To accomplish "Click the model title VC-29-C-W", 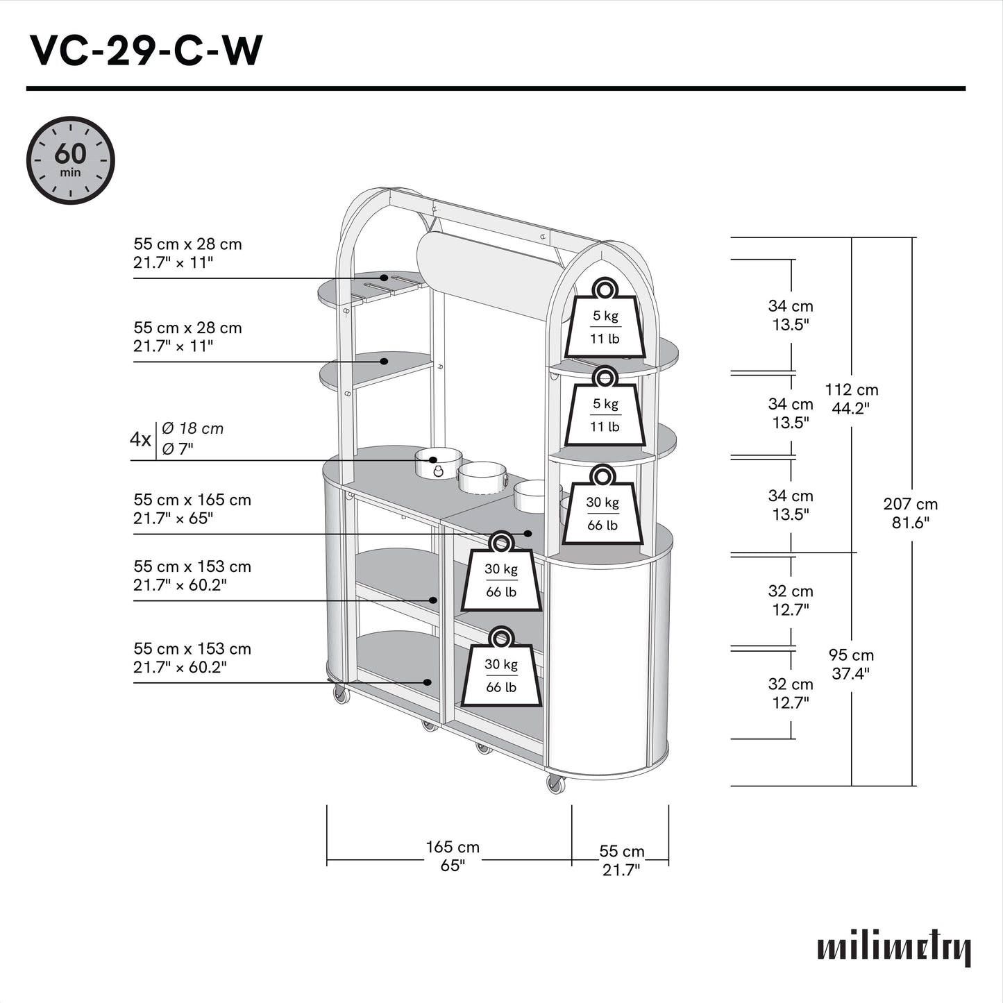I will coord(146,51).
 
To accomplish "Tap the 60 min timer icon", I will coord(70,160).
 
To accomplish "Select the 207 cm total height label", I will coord(910,513).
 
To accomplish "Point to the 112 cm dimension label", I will coord(851,398).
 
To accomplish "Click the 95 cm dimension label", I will coord(851,664).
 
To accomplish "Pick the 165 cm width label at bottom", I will coord(453,856).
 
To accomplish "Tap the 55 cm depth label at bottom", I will coord(621,860).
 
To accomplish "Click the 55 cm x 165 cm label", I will coord(192,509).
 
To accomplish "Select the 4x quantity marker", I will coord(140,439).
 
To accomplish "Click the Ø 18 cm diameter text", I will coord(192,429).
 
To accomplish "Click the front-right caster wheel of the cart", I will coord(555,784).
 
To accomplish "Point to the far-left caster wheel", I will coord(341,693).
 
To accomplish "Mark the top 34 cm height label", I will coord(791,315).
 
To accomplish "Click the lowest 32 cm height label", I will coord(791,693).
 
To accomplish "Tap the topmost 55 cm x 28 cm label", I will coord(187,253).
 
